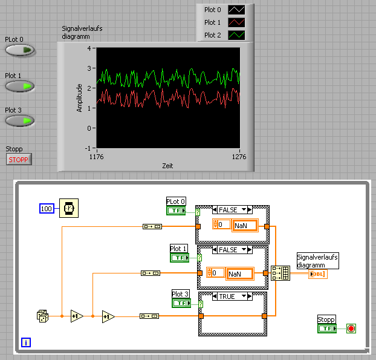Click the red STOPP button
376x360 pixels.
(x=18, y=160)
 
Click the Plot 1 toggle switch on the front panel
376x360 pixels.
(x=20, y=86)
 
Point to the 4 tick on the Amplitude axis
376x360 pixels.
(x=88, y=48)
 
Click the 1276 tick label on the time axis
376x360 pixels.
(x=240, y=157)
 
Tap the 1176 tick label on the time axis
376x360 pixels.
(x=99, y=157)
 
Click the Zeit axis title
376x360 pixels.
(x=167, y=165)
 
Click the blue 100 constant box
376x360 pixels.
(x=47, y=208)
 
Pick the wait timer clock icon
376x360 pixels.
(x=68, y=208)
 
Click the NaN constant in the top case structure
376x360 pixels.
(x=244, y=225)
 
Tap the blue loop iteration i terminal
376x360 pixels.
(x=26, y=343)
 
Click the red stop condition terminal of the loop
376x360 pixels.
(x=351, y=329)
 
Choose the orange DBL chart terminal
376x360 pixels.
(x=318, y=274)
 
